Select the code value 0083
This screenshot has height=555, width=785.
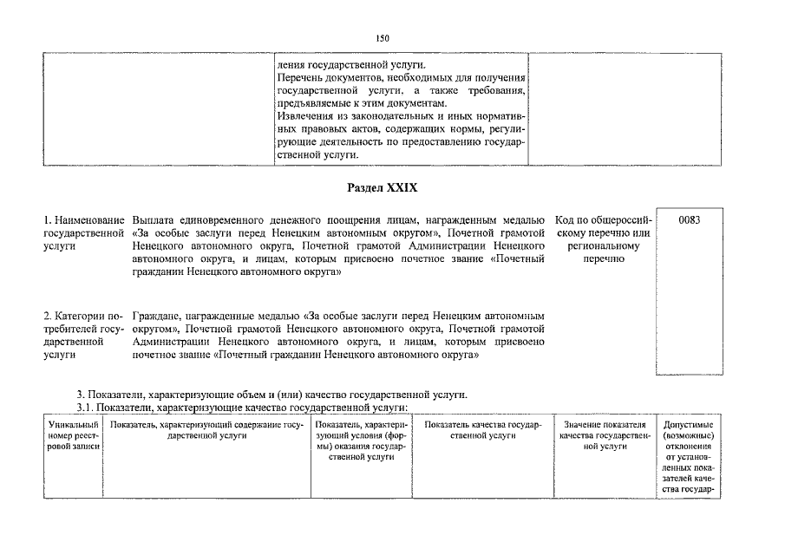pyautogui.click(x=689, y=220)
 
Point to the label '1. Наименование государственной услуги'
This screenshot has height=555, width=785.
pyautogui.click(x=83, y=233)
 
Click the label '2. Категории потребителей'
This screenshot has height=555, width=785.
pyautogui.click(x=83, y=335)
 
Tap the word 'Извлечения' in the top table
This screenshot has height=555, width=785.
pyautogui.click(x=303, y=116)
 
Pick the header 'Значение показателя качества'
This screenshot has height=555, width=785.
pyautogui.click(x=605, y=435)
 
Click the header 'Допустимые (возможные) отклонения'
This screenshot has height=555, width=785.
pyautogui.click(x=688, y=456)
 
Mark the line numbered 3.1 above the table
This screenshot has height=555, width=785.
pyautogui.click(x=242, y=408)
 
